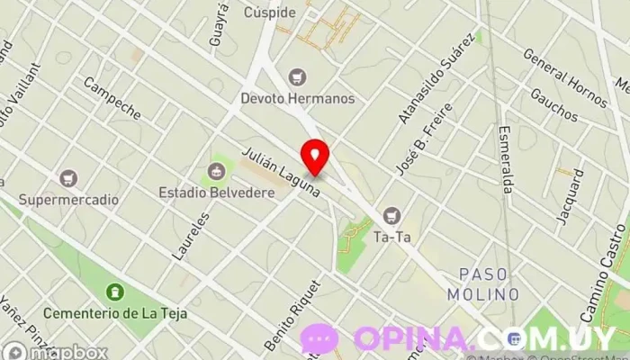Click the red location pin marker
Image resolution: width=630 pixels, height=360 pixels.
coord(314,157)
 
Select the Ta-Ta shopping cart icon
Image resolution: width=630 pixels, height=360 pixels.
coord(391,215)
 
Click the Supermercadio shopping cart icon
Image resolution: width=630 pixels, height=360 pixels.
coord(68,176)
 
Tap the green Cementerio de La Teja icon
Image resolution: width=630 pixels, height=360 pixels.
coord(114,292)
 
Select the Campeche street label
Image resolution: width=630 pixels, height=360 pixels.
coord(112,98)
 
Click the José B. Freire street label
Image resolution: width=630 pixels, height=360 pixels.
coord(424,139)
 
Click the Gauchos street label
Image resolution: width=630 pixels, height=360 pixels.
coord(553,104)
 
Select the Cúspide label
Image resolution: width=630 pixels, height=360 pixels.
coord(269,13)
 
